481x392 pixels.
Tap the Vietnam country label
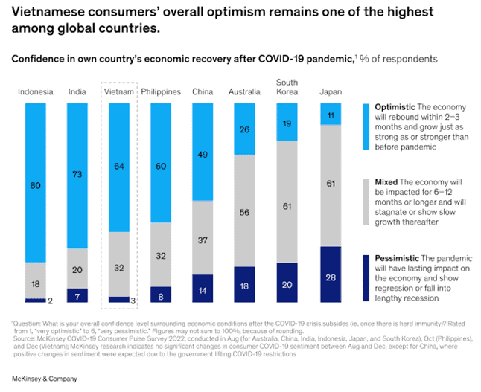119,91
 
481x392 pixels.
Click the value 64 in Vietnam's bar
119,166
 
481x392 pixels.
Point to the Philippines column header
160,91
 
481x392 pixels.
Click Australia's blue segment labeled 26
245,129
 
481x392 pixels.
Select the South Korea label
287,86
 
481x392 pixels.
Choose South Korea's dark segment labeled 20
287,284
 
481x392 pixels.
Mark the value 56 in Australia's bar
245,211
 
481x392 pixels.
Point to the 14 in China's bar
203,289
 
